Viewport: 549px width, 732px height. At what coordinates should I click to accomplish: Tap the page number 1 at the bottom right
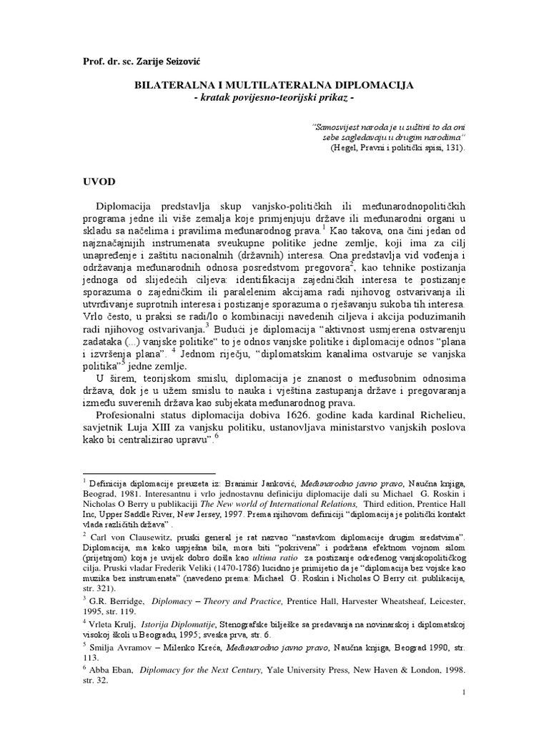[x=465, y=693]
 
